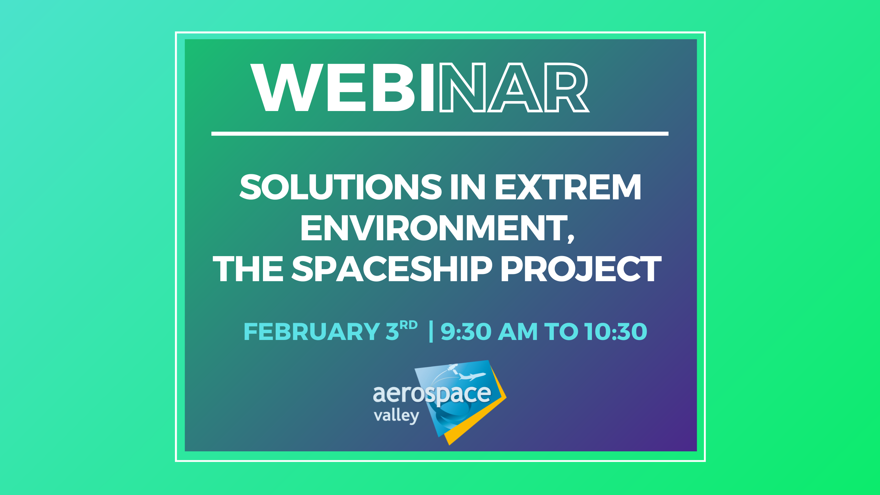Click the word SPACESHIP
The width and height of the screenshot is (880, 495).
[392, 269]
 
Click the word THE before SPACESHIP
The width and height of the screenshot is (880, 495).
[248, 269]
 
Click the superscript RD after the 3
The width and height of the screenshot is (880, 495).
[409, 325]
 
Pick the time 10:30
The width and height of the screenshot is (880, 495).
[616, 332]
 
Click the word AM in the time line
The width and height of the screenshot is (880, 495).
[518, 332]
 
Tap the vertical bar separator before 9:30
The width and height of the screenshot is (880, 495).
[431, 331]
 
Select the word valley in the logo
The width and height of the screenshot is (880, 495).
[396, 416]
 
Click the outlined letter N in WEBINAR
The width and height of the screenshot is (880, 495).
[463, 88]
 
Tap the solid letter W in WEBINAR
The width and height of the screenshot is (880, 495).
[287, 88]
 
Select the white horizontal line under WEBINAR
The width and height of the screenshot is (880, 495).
[440, 134]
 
